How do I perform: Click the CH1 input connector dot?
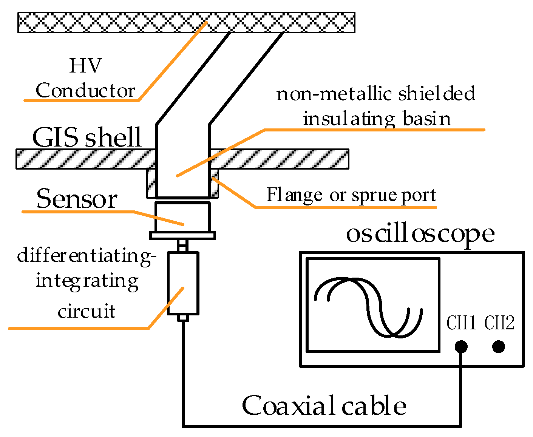[x=461, y=346]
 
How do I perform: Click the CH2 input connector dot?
[x=499, y=346]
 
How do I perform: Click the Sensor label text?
[x=77, y=199]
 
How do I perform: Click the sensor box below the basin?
[x=182, y=217]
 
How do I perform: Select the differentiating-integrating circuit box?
[x=183, y=283]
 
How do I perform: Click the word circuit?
[x=87, y=311]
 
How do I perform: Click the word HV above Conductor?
[x=85, y=66]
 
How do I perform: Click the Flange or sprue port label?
[x=351, y=195]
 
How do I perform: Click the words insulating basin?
[x=377, y=119]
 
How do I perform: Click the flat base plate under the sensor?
[x=182, y=236]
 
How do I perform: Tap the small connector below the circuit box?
[x=183, y=318]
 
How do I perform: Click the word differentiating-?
[x=87, y=256]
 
